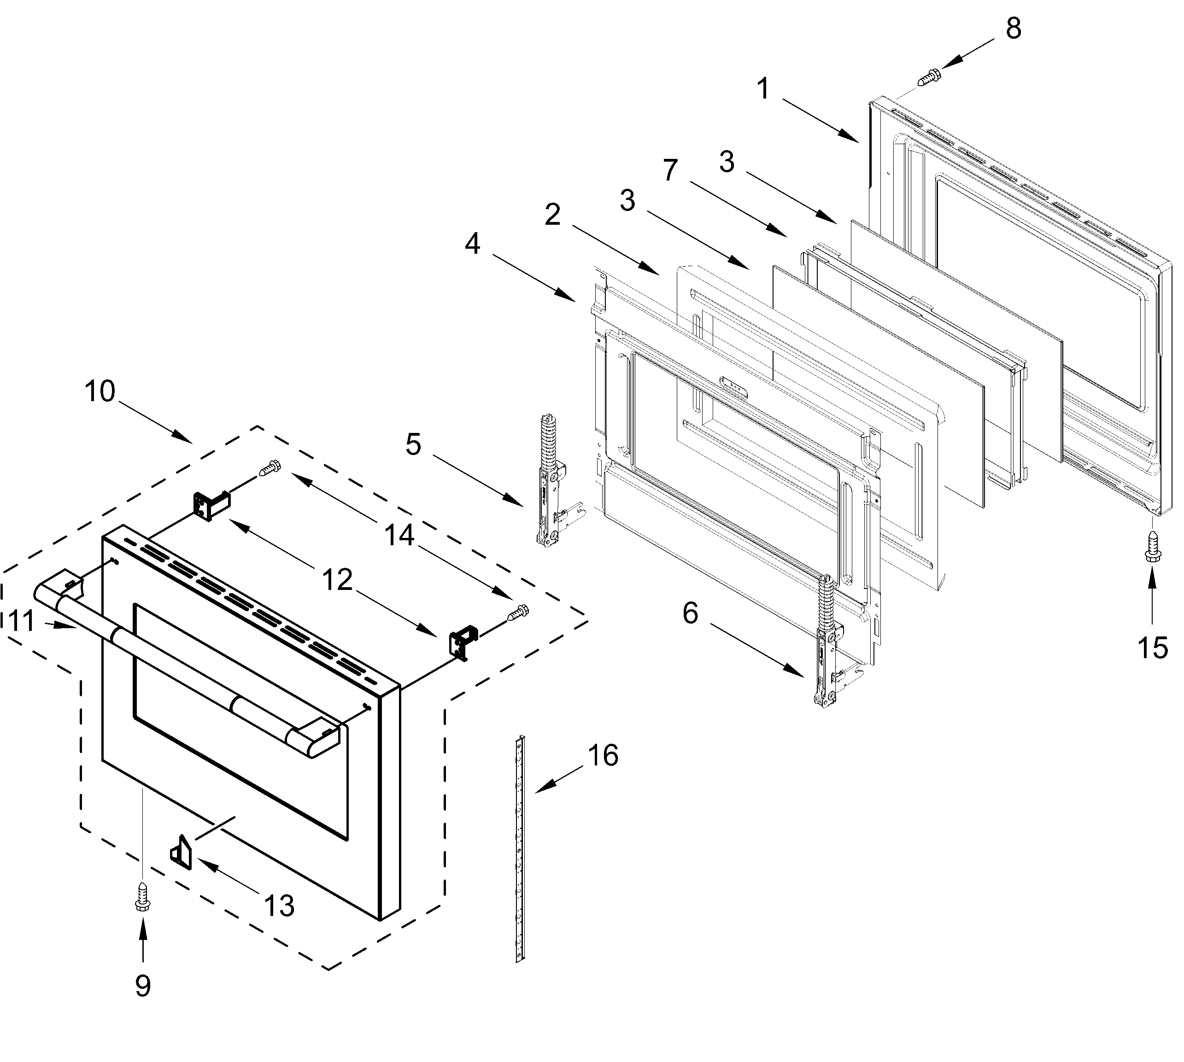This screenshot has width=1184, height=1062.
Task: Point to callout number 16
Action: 603,756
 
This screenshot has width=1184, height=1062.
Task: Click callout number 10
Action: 100,391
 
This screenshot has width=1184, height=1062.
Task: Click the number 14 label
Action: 399,535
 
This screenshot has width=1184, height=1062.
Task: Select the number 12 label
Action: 337,580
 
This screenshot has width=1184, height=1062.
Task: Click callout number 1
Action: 763,89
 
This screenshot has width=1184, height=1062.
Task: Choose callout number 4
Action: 472,243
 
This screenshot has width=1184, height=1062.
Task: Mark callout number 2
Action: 552,214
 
